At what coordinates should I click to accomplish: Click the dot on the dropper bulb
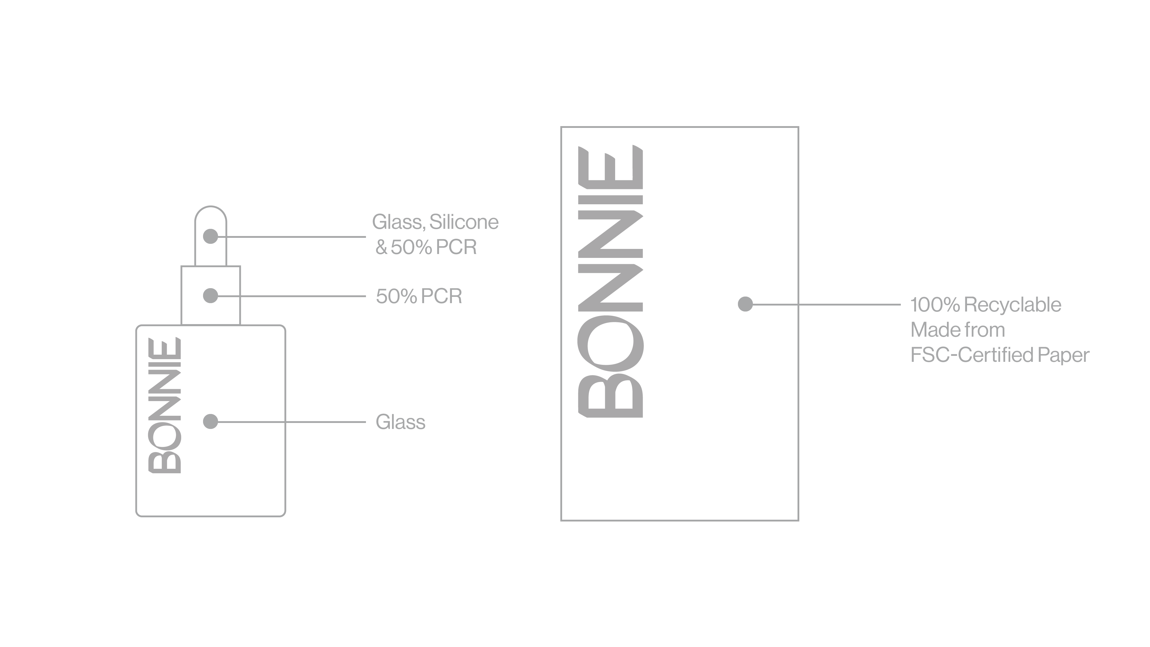tap(210, 236)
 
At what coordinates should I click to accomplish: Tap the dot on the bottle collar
tap(210, 296)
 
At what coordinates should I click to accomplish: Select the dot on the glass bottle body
tap(210, 421)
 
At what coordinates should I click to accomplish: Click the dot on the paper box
tap(745, 304)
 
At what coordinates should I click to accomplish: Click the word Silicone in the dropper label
tap(464, 222)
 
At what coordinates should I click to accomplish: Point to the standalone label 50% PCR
tap(419, 296)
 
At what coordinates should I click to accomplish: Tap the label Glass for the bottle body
tap(400, 422)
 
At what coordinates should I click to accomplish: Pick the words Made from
tap(958, 330)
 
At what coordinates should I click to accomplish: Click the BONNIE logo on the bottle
tap(165, 405)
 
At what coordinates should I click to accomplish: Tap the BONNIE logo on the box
tap(610, 281)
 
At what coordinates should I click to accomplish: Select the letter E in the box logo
tap(610, 167)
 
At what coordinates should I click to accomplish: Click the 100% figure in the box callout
tap(935, 305)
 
